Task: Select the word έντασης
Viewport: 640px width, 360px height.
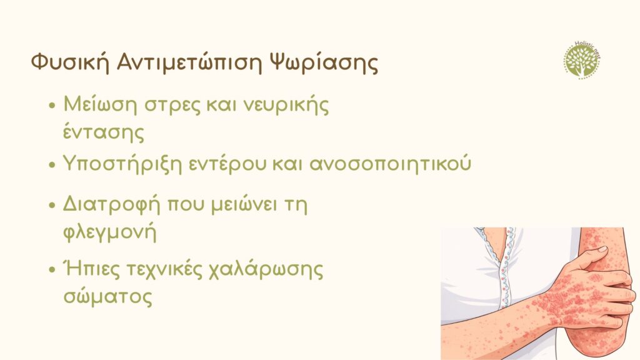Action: pyautogui.click(x=104, y=132)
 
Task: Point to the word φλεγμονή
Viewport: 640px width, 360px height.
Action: pyautogui.click(x=109, y=232)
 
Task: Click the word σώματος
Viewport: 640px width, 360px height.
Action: pyautogui.click(x=107, y=297)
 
